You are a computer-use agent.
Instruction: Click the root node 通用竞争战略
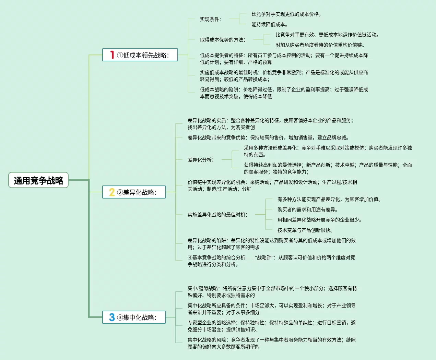[x=38, y=180]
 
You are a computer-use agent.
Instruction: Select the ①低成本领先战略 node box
[x=140, y=55]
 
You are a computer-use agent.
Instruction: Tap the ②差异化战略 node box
[x=134, y=192]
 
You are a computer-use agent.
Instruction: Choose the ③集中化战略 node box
[x=134, y=317]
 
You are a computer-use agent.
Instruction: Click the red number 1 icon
[x=112, y=55]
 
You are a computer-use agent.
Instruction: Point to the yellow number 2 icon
[x=112, y=192]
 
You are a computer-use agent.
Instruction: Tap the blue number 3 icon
[x=112, y=317]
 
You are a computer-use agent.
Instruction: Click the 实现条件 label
[x=211, y=19]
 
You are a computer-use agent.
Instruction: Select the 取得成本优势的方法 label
[x=223, y=40]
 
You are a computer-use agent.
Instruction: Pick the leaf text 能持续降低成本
[x=270, y=24]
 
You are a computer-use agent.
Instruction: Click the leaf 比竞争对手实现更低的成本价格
[x=286, y=14]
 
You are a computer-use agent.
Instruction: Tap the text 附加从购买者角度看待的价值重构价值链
[x=320, y=45]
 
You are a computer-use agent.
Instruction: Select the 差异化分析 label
[x=201, y=160]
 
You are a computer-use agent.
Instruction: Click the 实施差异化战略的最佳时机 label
[x=217, y=215]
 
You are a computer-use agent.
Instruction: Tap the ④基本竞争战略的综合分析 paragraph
[x=271, y=261]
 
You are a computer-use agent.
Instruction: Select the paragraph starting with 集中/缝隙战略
[x=272, y=292]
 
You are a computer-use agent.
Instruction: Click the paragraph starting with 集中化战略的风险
[x=271, y=343]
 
